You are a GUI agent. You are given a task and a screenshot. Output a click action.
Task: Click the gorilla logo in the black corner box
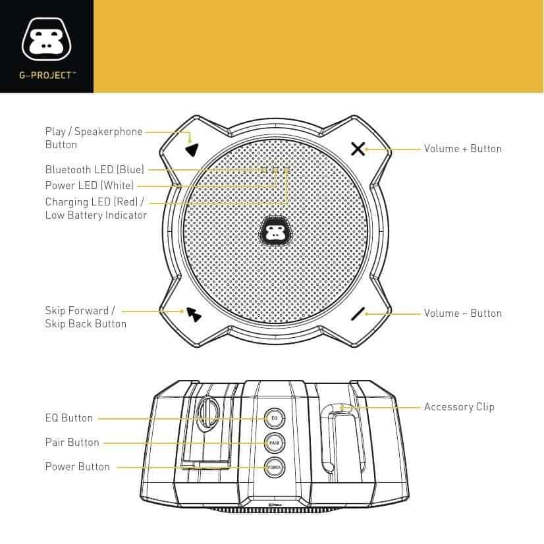pos(47,40)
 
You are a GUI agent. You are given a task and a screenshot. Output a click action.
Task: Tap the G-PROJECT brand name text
pos(47,75)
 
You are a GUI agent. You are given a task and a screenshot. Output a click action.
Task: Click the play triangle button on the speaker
pos(192,150)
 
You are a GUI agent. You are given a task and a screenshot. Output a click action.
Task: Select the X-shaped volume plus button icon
pos(358,149)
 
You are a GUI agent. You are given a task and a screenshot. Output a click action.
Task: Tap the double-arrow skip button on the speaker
pos(194,314)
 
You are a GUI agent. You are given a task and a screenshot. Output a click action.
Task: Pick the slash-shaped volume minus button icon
pos(358,313)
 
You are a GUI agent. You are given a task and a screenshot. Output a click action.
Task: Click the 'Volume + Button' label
pos(463,149)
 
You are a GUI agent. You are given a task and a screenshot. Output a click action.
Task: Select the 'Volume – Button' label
pos(463,313)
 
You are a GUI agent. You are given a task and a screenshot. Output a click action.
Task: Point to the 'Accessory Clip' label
pos(459,406)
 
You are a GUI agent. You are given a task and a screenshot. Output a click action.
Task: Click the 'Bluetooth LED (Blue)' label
pos(95,170)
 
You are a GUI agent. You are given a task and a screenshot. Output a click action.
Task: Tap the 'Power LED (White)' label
pos(90,185)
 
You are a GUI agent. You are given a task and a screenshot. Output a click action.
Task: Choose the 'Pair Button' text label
pos(72,443)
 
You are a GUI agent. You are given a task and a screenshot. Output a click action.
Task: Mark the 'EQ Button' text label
pos(69,418)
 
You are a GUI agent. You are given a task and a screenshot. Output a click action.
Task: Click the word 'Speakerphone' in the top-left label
pos(109,132)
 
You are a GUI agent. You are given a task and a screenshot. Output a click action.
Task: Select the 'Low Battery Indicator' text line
pos(96,215)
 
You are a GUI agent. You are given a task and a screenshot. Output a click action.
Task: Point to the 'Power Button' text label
pos(77,467)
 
